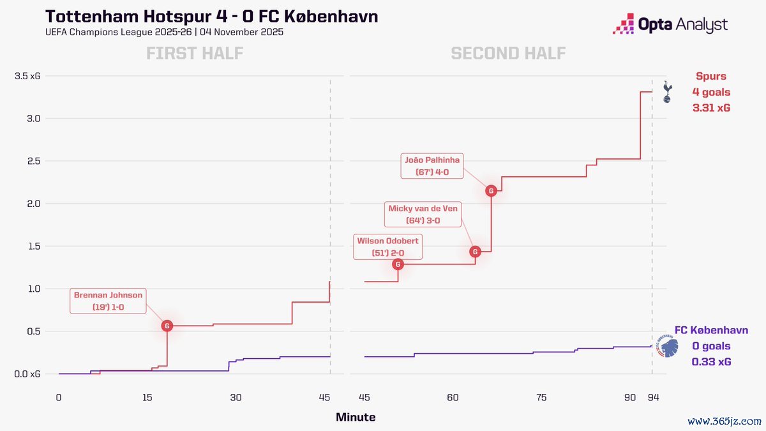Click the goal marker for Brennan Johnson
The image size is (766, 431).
pyautogui.click(x=167, y=326)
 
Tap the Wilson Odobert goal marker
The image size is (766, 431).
pyautogui.click(x=398, y=264)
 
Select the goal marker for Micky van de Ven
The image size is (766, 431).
pyautogui.click(x=475, y=252)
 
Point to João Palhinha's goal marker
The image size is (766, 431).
pyautogui.click(x=491, y=190)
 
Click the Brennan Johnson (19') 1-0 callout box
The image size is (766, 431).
pyautogui.click(x=109, y=301)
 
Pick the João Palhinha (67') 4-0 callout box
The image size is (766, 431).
pyautogui.click(x=432, y=166)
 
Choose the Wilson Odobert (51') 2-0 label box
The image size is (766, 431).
pyautogui.click(x=387, y=246)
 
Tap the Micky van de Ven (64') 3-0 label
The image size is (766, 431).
pyautogui.click(x=423, y=214)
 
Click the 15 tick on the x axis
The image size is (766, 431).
pyautogui.click(x=147, y=397)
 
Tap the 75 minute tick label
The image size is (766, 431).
pyautogui.click(x=541, y=397)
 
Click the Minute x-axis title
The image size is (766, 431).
pyautogui.click(x=356, y=418)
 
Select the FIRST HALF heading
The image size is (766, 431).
pyautogui.click(x=195, y=53)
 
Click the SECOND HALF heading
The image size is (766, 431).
pyautogui.click(x=508, y=53)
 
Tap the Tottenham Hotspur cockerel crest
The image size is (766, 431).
pyautogui.click(x=667, y=92)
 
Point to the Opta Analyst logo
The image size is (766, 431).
pyautogui.click(x=670, y=25)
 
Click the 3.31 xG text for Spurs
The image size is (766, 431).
pyautogui.click(x=711, y=109)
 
